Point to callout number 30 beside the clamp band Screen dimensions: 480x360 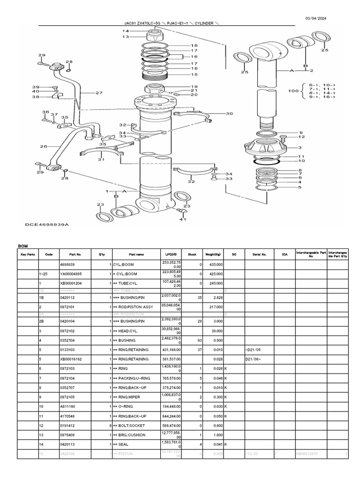pyautogui.click(x=229, y=113)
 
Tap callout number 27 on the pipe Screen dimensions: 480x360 pyautogui.click(x=99, y=93)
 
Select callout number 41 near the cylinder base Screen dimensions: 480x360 pyautogui.click(x=183, y=218)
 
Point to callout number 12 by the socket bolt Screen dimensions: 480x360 pyautogui.click(x=301, y=137)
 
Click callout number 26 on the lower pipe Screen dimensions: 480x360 pyautogui.click(x=44, y=147)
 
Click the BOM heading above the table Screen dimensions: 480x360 pyautogui.click(x=23, y=246)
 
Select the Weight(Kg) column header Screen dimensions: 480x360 pyautogui.click(x=214, y=254)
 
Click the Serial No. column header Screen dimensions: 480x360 pyautogui.click(x=259, y=254)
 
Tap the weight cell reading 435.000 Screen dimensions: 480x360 pyautogui.click(x=216, y=265)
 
